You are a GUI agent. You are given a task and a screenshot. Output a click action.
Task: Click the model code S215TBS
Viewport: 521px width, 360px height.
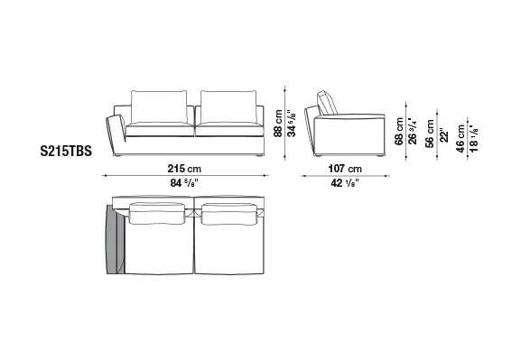(66, 152)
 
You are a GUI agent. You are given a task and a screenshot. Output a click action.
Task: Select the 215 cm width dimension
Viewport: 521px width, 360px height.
(184, 169)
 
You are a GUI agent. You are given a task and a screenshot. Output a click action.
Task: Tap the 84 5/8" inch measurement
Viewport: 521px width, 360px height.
(184, 182)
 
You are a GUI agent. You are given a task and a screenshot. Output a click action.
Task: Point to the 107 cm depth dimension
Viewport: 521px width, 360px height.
(345, 169)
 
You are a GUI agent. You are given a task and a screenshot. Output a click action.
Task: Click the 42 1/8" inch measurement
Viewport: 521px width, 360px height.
(345, 182)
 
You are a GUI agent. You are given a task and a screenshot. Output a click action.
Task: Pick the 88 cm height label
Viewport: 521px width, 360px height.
(278, 124)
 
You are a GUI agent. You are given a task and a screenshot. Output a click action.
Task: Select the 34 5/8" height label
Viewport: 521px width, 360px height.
(292, 124)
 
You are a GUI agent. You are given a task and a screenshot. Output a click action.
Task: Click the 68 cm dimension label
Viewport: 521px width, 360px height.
(399, 131)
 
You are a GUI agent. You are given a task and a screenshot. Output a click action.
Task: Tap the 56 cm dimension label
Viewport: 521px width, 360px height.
(430, 134)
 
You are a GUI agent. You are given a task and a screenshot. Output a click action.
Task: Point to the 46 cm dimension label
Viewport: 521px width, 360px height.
(461, 138)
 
